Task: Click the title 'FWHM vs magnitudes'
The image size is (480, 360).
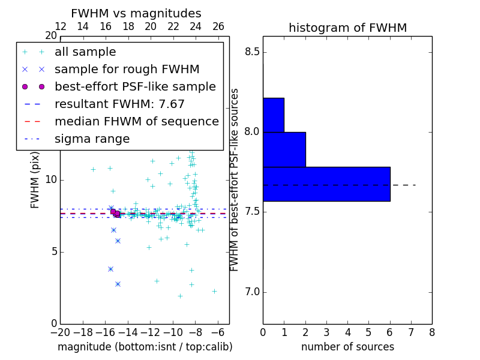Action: pyautogui.click(x=136, y=13)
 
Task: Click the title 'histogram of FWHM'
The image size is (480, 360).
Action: pyautogui.click(x=347, y=28)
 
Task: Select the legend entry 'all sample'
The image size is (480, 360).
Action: pyautogui.click(x=85, y=52)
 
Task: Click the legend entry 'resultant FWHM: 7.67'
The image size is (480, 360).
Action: pyautogui.click(x=119, y=104)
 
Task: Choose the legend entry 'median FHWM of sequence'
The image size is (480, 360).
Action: pyautogui.click(x=136, y=121)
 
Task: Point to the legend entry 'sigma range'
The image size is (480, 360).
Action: pyautogui.click(x=92, y=139)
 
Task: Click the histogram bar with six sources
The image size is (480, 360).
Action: pyautogui.click(x=326, y=184)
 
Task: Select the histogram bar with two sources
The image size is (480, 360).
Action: pyautogui.click(x=284, y=149)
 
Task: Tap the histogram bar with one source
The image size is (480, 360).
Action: pyautogui.click(x=274, y=115)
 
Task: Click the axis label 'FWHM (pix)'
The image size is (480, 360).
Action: pyautogui.click(x=35, y=180)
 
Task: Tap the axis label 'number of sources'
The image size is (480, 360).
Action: pyautogui.click(x=347, y=347)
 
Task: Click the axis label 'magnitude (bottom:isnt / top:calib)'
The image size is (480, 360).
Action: pyautogui.click(x=145, y=347)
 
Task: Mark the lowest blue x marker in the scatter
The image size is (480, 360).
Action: pyautogui.click(x=118, y=284)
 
